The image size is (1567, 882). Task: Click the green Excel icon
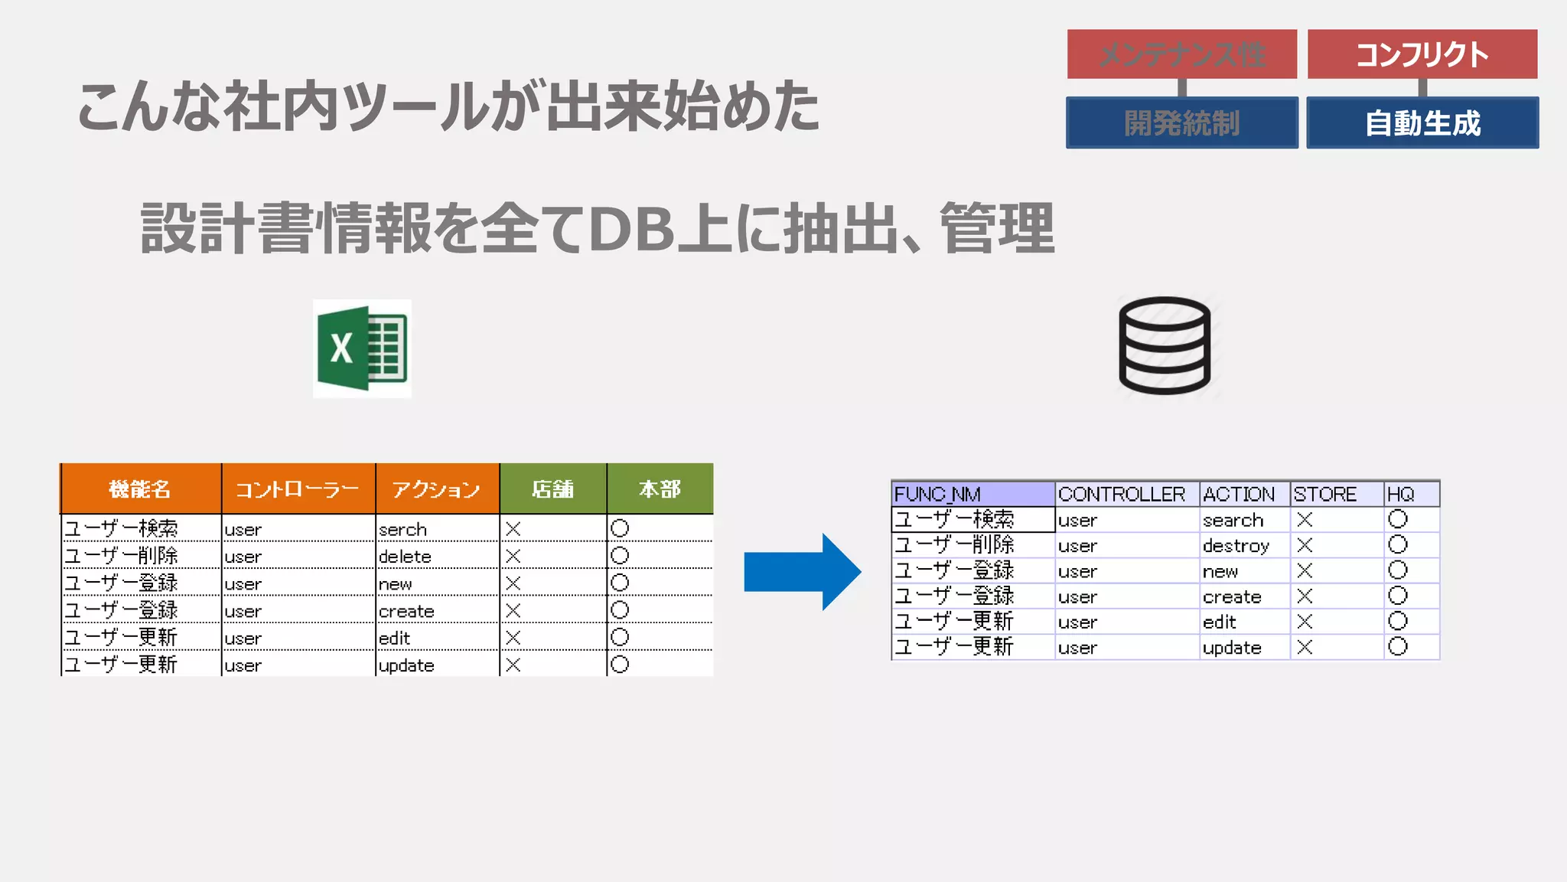pos(362,348)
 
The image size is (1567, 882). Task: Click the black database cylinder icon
pos(1165,345)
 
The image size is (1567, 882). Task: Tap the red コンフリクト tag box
pos(1422,54)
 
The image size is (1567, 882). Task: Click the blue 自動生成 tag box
pos(1422,122)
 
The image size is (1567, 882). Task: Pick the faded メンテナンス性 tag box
pos(1181,54)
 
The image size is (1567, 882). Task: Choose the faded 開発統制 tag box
pos(1181,122)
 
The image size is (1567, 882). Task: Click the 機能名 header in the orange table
pos(140,488)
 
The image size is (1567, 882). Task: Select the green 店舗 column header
pos(552,488)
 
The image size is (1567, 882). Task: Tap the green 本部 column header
pos(660,488)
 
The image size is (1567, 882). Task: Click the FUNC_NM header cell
pos(938,494)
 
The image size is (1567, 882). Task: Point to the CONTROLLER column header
pos(1121,494)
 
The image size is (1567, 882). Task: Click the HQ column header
pos(1400,494)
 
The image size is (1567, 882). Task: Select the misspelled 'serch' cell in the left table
pos(403,529)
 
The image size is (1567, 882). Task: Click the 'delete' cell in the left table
pos(406,557)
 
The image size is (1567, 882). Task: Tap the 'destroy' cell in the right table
pos(1235,546)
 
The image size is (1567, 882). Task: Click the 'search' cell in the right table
pos(1233,521)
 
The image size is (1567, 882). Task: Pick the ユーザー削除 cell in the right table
pos(954,545)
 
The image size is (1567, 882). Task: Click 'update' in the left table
pos(406,665)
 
